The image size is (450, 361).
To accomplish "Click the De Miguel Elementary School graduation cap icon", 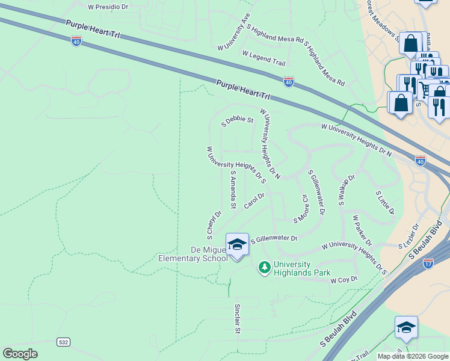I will (237, 244).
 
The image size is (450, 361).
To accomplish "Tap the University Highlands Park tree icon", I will (264, 266).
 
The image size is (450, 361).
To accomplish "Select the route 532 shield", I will (63, 342).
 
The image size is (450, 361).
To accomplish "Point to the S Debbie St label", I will (238, 120).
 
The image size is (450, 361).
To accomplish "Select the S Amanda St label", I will (233, 185).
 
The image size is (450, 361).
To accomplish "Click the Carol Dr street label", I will (254, 201).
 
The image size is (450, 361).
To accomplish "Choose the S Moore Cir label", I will (301, 208).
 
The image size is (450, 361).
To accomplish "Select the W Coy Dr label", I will (344, 280).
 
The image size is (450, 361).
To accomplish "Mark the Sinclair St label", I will (237, 318).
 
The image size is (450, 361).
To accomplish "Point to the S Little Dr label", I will (385, 203).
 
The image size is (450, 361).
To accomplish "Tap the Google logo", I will (20, 354).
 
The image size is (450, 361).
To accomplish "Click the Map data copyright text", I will (413, 356).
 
